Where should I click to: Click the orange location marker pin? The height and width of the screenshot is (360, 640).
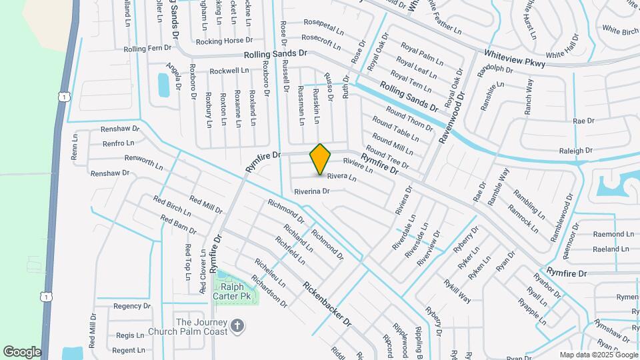coord(321,159)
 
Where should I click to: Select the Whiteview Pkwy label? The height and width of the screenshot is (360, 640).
coord(515,58)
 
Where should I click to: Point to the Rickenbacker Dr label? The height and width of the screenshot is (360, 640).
coord(326,302)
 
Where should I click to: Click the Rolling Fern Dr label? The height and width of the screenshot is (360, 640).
coord(148,48)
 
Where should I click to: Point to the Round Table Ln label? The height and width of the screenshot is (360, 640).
coord(395,129)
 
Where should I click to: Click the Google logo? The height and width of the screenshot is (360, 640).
coord(22,352)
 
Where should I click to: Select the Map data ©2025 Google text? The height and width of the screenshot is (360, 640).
coord(598,355)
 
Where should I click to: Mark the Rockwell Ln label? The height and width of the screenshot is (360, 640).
coord(229,71)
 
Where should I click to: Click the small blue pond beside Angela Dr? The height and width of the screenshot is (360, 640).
coord(163,85)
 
